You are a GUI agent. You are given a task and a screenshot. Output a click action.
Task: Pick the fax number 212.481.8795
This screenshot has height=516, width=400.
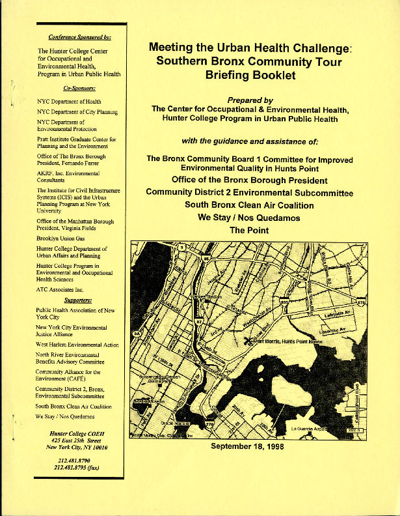coord(81,468)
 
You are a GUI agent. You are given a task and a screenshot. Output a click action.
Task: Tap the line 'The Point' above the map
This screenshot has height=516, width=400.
coord(249,230)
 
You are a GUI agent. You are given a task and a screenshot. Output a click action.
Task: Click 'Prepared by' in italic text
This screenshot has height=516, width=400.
coord(250,100)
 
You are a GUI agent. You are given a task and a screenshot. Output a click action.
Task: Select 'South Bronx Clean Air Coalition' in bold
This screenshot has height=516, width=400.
coord(249,205)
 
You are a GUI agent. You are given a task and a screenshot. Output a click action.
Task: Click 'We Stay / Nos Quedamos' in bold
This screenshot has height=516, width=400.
coord(249,218)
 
